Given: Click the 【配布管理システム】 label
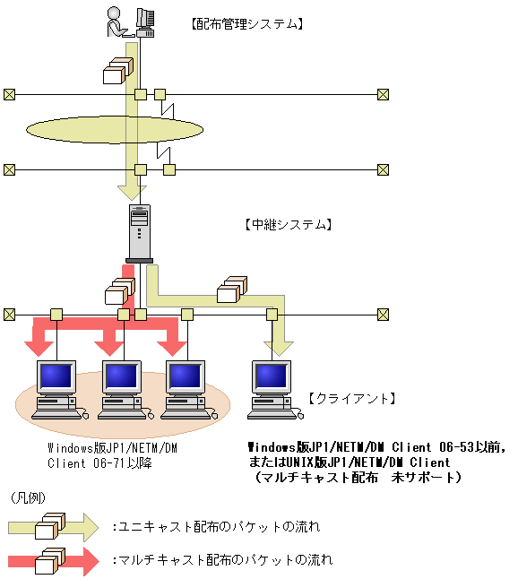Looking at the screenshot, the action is point(247,24).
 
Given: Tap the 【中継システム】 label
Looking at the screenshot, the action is point(289,224).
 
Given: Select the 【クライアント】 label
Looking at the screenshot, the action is point(352,399).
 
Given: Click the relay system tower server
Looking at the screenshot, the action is point(140,233).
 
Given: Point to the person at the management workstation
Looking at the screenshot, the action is point(117,22).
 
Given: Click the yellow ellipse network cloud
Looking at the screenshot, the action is point(115,130).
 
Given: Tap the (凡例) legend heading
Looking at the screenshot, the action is point(28,498).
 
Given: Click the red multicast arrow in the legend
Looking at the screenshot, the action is point(54,561).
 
